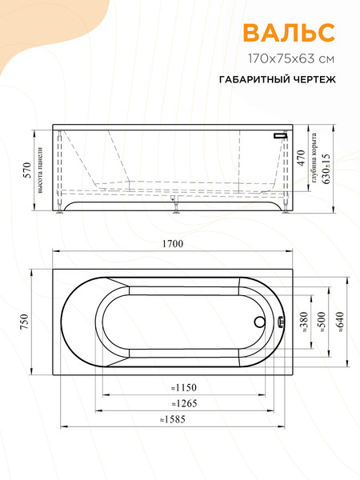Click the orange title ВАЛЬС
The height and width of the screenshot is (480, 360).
tap(289, 32)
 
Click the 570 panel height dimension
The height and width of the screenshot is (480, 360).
tap(26, 170)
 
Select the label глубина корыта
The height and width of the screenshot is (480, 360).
tap(314, 158)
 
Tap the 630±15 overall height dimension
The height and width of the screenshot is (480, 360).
tap(326, 170)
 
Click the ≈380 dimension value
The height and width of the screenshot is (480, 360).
tap(302, 321)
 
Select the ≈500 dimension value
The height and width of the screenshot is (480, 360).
tap(321, 321)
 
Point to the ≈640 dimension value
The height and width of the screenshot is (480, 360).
tap(341, 321)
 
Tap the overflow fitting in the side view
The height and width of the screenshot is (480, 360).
tap(280, 135)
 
